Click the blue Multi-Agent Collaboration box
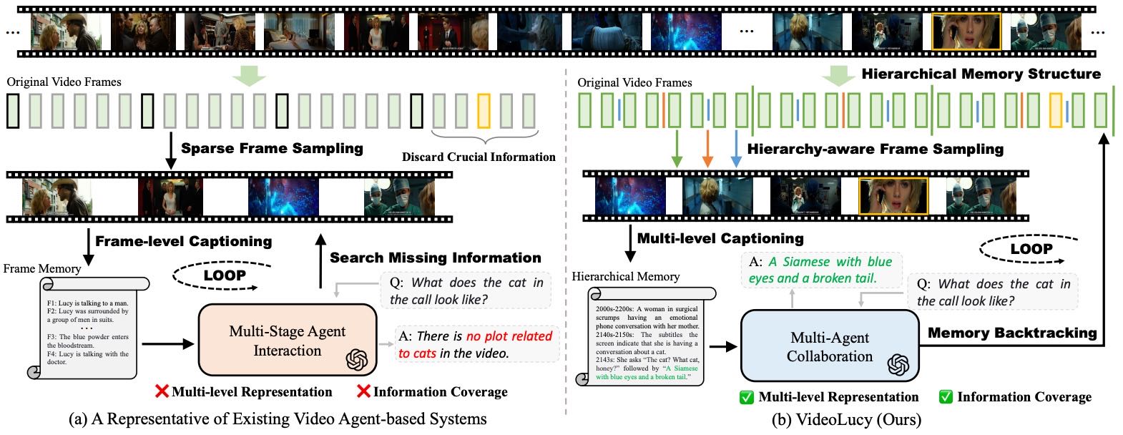[829, 346]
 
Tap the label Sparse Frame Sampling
[272, 148]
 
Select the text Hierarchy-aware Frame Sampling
[875, 149]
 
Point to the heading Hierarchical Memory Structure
[981, 74]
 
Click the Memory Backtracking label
[1011, 333]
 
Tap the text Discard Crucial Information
[479, 157]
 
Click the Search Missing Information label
[435, 258]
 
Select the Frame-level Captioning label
[183, 241]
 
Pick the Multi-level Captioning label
[720, 238]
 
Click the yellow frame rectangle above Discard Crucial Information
[484, 111]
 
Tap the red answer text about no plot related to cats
[476, 344]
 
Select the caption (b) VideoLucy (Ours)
[846, 419]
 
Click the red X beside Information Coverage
[363, 391]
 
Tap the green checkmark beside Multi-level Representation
[747, 397]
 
